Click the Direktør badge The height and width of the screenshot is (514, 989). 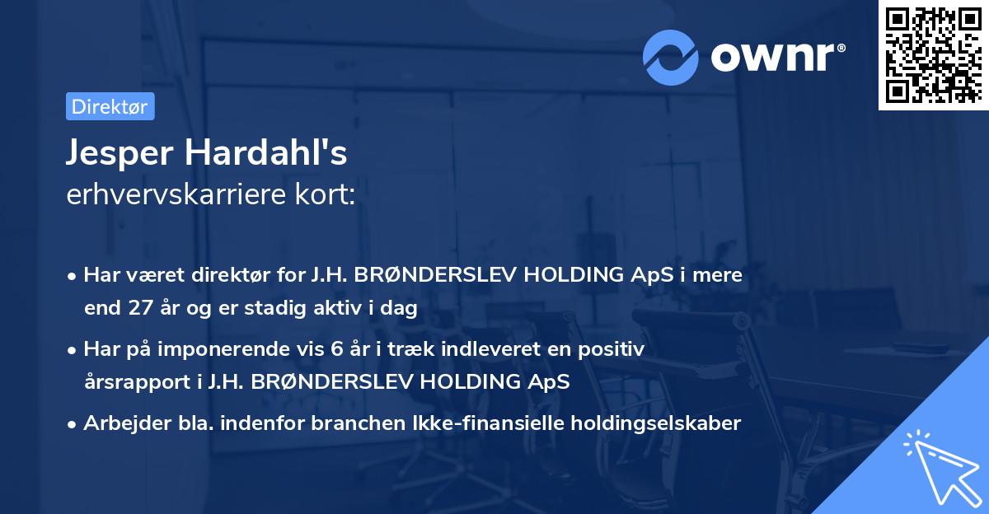pyautogui.click(x=110, y=106)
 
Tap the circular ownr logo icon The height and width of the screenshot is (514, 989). pyautogui.click(x=670, y=57)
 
